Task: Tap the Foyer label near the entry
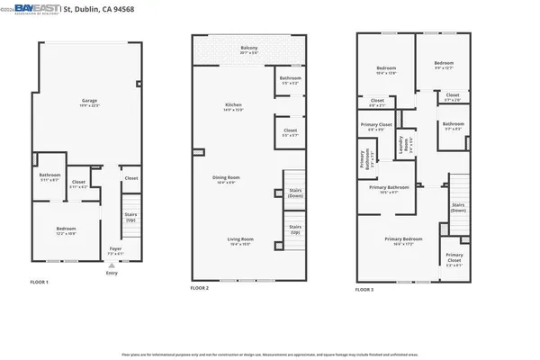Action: (x=115, y=249)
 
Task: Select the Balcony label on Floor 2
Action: (x=249, y=49)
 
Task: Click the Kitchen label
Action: (x=233, y=106)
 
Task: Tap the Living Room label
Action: (x=240, y=239)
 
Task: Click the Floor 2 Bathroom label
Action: (x=290, y=79)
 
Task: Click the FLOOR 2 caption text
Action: (x=200, y=288)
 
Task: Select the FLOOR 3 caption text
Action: (x=364, y=290)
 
